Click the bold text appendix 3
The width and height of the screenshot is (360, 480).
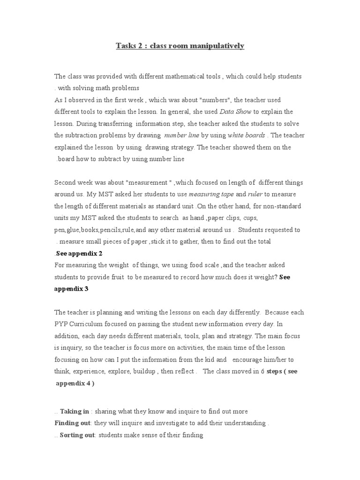[x=71, y=289]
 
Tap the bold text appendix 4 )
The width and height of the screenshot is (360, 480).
[x=75, y=383]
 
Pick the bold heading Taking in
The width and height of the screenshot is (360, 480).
[x=75, y=412]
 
